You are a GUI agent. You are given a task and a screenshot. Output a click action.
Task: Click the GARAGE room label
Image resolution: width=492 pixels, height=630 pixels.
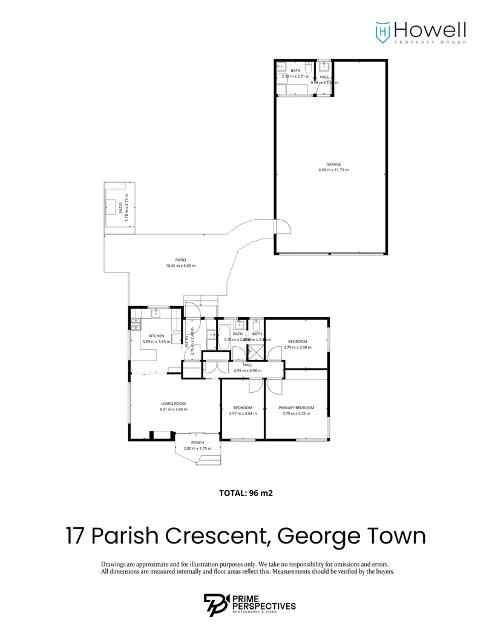point(333,164)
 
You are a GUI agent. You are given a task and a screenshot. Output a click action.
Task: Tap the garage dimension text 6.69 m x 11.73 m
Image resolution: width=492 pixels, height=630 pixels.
point(333,170)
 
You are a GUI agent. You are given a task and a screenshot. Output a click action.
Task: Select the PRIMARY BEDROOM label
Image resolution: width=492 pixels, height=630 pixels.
point(297,408)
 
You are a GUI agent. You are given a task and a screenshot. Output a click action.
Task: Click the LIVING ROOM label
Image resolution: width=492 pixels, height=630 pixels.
point(173,404)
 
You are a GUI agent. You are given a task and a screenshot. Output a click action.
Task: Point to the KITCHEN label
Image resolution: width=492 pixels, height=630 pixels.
point(156,336)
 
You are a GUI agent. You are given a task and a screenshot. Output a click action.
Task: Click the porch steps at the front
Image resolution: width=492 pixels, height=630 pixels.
point(208,461)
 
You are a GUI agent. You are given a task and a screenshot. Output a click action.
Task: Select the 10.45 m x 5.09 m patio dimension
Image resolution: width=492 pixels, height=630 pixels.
point(180,266)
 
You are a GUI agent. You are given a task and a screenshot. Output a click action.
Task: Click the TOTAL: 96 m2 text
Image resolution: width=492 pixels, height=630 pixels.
point(246,493)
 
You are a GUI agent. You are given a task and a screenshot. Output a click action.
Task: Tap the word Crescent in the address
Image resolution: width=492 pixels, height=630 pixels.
point(219,536)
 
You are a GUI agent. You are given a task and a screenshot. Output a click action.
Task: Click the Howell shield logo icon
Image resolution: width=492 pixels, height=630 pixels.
point(382,30)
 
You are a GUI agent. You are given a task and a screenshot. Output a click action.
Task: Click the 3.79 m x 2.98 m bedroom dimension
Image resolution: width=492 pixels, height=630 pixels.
point(297,347)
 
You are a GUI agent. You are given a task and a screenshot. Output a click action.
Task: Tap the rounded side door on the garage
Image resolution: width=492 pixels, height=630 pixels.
point(283,227)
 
